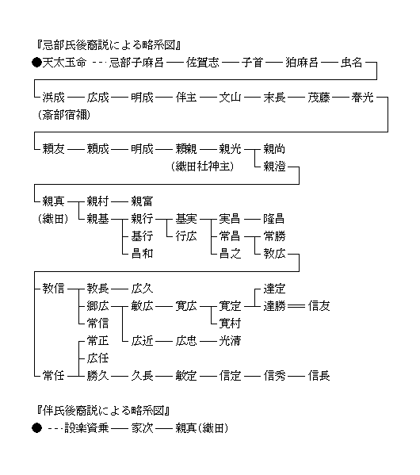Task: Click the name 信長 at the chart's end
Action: [319, 376]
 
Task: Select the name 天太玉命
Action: [64, 63]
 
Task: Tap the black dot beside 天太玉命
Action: [36, 63]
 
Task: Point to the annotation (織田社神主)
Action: [203, 167]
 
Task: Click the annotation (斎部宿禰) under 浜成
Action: [64, 115]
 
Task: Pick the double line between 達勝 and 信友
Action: [296, 306]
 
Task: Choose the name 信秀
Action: [274, 376]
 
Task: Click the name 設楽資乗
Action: [86, 428]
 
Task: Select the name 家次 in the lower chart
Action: [142, 428]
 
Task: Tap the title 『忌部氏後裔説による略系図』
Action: [109, 45]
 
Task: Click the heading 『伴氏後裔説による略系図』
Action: [103, 411]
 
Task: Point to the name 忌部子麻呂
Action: [136, 63]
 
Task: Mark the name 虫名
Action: [352, 63]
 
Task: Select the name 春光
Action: [362, 98]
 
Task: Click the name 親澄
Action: [274, 167]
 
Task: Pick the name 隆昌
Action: [274, 218]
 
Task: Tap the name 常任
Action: [53, 376]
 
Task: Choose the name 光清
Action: [230, 341]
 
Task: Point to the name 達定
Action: [274, 289]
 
